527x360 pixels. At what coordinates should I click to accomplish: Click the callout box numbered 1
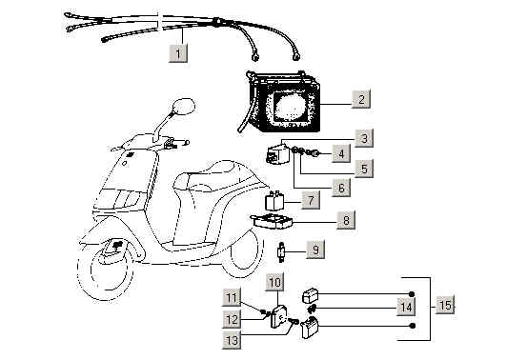pos(178,52)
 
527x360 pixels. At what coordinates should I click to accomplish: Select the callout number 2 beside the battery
pos(361,99)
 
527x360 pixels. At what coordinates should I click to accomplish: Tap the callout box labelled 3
pos(364,138)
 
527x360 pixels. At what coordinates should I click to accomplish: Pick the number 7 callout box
pos(310,200)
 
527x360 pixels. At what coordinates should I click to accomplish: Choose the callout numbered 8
pos(346,220)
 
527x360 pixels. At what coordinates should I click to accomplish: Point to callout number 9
pos(315,250)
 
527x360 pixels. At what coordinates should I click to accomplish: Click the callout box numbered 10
pos(274,281)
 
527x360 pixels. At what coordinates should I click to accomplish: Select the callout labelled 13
pos(232,340)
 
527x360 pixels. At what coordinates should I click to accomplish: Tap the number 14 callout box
pos(406,307)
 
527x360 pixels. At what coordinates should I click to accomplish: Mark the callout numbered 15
pos(445,305)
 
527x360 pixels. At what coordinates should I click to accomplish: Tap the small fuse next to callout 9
pos(281,251)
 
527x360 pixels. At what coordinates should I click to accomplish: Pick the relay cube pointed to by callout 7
pos(274,201)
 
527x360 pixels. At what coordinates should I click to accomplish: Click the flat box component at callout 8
pos(273,221)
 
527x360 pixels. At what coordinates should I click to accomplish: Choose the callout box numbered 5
pos(364,168)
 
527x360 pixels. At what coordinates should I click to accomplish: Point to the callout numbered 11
pos(232,297)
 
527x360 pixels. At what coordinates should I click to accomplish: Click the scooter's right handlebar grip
pos(181,143)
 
